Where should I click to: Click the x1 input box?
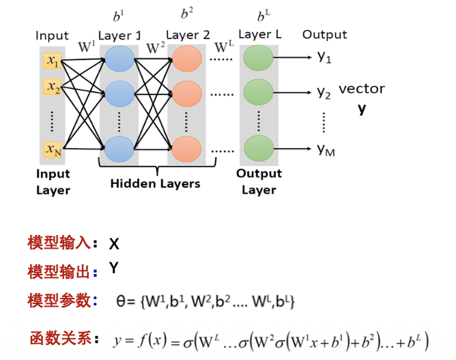[x=53, y=61]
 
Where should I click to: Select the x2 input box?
[x=53, y=87]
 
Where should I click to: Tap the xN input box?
[x=53, y=148]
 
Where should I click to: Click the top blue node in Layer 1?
[x=119, y=59]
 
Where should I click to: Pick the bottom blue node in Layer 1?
[x=119, y=148]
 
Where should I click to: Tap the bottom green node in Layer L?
[x=258, y=148]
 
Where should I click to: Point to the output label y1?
[x=324, y=58]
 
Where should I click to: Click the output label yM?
[x=326, y=150]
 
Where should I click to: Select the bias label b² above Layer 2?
[x=186, y=14]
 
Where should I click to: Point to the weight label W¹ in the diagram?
[x=86, y=47]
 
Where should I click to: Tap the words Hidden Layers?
[x=155, y=183]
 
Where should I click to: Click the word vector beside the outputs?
[x=362, y=89]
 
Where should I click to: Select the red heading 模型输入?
[x=58, y=243]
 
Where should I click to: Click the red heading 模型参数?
[x=58, y=301]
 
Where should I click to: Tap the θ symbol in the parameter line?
[x=122, y=301]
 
